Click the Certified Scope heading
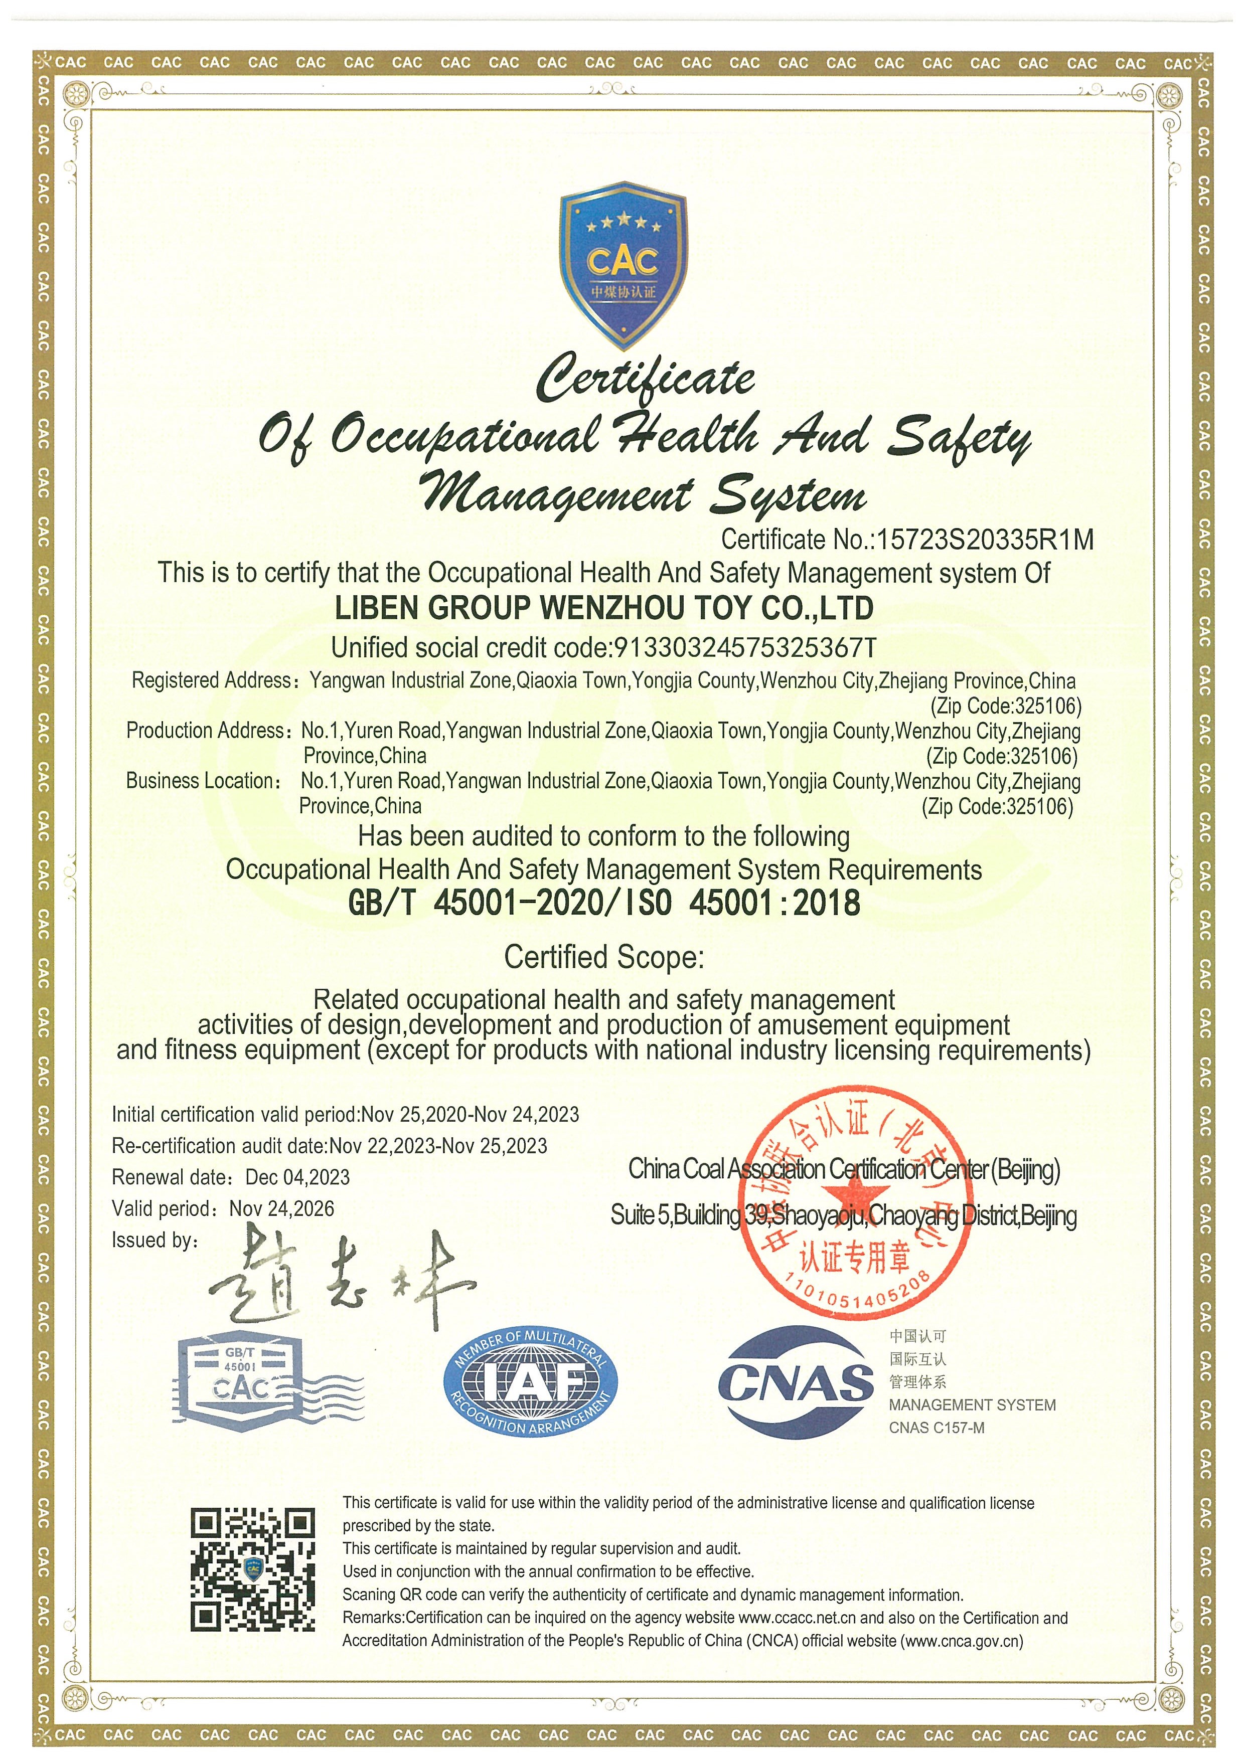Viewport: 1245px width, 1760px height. click(x=603, y=957)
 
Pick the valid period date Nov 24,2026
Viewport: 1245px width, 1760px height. click(x=282, y=1209)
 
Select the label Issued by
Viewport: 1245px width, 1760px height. click(x=154, y=1241)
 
